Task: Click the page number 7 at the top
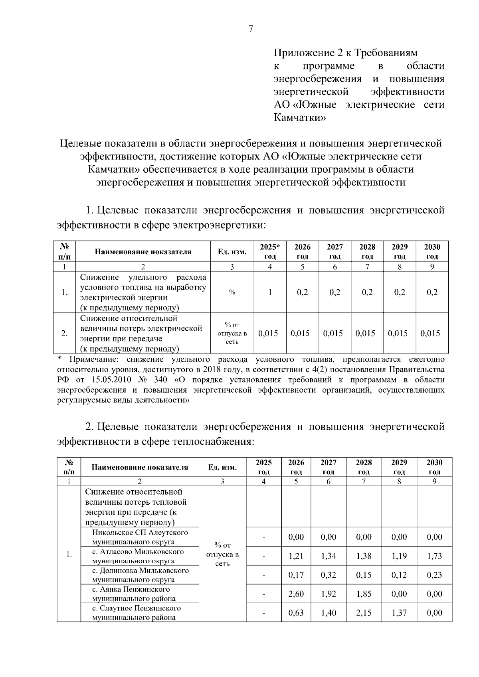(251, 29)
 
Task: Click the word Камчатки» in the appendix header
(300, 118)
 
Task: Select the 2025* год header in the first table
(270, 251)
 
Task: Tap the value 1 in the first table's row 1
(270, 292)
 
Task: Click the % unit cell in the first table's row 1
(232, 292)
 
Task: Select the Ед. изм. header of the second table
(222, 467)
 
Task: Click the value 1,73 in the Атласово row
(434, 556)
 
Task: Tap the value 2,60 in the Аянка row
(296, 594)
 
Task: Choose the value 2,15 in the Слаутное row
(364, 613)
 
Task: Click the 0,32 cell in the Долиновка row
(329, 575)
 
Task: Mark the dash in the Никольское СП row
(263, 537)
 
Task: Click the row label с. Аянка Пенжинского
(131, 589)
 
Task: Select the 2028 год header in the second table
(364, 467)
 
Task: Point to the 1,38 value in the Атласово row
(364, 556)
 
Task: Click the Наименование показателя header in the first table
(143, 252)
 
